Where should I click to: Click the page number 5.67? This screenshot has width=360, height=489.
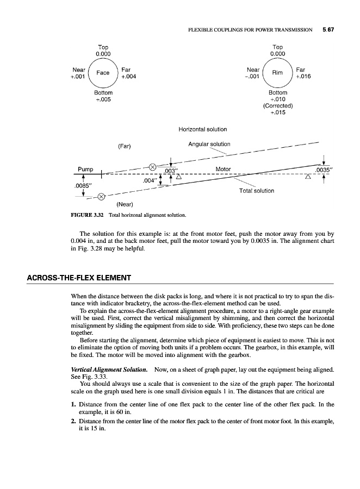(x=327, y=30)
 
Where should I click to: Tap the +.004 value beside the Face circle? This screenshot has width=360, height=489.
(x=128, y=77)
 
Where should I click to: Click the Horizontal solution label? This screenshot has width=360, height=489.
(x=202, y=129)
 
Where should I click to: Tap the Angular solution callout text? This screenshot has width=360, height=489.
(x=209, y=144)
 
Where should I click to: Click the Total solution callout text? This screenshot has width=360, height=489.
(x=257, y=191)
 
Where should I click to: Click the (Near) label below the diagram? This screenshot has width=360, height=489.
(x=126, y=205)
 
